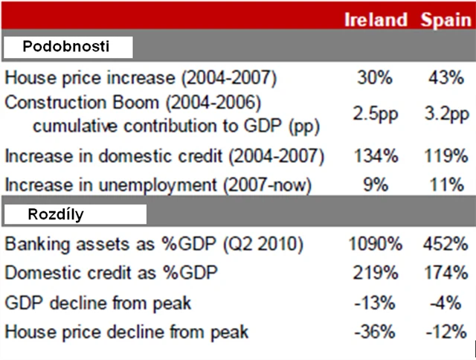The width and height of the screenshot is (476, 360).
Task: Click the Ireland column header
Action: tap(376, 19)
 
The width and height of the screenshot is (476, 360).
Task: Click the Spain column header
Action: tap(446, 19)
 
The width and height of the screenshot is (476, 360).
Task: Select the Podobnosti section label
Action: tap(67, 47)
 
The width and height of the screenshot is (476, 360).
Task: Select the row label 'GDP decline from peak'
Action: tap(98, 303)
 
